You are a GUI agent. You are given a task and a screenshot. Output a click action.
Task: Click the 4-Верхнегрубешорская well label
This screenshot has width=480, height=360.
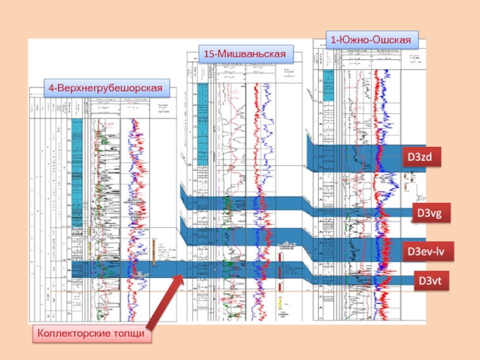pos(106,88)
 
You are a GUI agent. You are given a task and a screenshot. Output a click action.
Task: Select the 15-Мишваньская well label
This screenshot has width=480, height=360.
pos(243,54)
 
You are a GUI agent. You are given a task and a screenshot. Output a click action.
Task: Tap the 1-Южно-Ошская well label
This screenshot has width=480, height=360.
pos(371,40)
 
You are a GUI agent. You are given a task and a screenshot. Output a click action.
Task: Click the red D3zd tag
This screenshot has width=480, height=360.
pos(421,157)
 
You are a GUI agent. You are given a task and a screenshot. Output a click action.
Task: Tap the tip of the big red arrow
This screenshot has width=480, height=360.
pos(182,275)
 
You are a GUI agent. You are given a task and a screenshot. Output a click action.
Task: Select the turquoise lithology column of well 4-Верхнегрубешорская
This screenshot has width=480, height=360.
pos(76,156)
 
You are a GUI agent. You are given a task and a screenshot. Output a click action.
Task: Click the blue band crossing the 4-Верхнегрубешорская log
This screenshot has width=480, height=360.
pos(120,270)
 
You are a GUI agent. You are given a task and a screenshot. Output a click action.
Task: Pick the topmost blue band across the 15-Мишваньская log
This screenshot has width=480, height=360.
pos(240,203)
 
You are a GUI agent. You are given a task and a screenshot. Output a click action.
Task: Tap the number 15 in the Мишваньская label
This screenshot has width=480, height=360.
pos(209,54)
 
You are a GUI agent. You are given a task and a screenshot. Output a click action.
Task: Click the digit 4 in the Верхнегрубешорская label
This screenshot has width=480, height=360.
pos(52,88)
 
